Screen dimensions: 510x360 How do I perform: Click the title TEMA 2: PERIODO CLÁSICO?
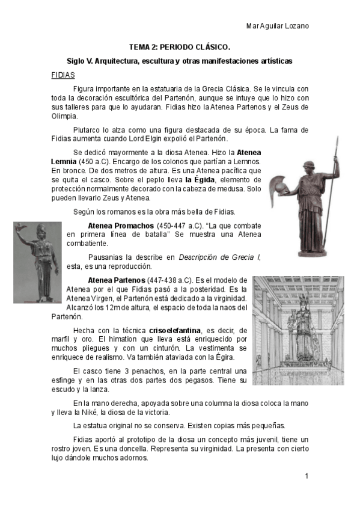click(x=180, y=46)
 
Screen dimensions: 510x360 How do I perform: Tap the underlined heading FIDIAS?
click(x=63, y=75)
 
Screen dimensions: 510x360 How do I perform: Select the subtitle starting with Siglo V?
click(x=180, y=61)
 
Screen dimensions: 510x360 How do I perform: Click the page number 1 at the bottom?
click(x=307, y=476)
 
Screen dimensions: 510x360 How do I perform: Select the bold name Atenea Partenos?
click(x=117, y=280)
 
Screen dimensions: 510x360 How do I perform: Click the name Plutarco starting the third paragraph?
click(x=87, y=129)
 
